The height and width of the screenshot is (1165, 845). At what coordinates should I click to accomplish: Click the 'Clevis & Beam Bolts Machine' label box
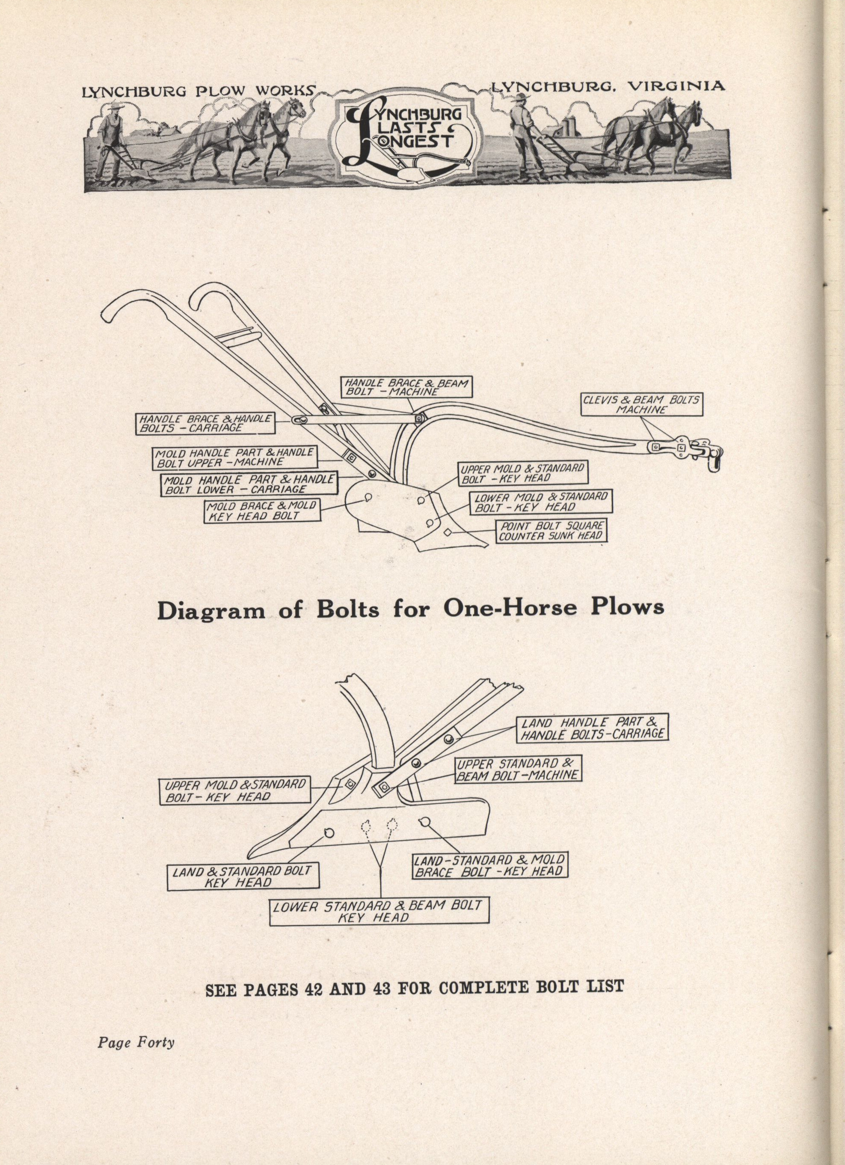642,404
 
